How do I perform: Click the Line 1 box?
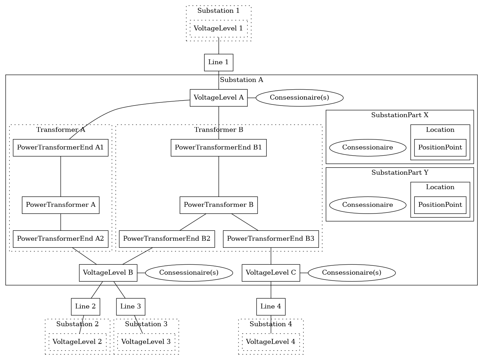pos(218,62)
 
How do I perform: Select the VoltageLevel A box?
pos(218,98)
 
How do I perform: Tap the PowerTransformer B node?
pos(218,205)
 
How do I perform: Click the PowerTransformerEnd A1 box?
pos(60,148)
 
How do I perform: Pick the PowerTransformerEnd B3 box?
pos(271,239)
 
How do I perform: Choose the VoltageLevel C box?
pos(271,273)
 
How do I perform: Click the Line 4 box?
pos(271,307)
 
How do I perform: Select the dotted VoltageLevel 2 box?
pos(77,342)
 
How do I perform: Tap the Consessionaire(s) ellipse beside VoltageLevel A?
pos(299,98)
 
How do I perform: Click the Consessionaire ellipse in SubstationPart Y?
pos(367,205)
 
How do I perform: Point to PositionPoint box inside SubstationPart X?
pos(440,148)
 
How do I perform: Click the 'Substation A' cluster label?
pos(241,80)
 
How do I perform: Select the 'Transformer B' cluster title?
pos(218,130)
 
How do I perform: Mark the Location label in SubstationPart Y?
pos(440,187)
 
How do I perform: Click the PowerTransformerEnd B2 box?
pos(167,239)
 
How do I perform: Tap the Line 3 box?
pos(131,307)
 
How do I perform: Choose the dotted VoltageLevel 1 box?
pos(218,29)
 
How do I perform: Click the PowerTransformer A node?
pos(60,205)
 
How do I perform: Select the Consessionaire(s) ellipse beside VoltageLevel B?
pos(189,273)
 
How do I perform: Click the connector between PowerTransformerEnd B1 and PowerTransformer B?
pos(218,176)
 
